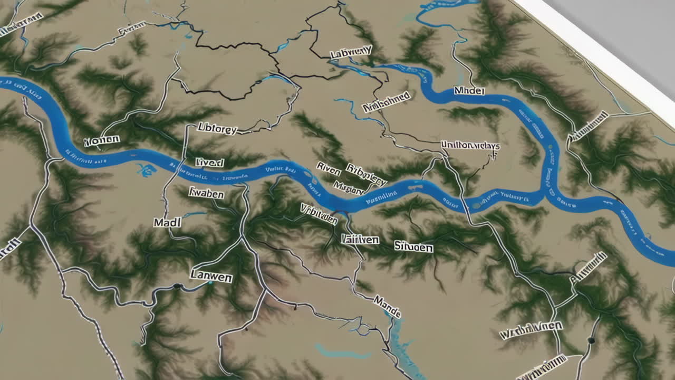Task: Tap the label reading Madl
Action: tap(167, 223)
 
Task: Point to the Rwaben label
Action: tap(206, 194)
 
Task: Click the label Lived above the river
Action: tap(209, 162)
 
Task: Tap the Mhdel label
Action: tap(469, 91)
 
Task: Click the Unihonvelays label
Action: tap(470, 145)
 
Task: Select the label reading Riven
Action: tap(329, 169)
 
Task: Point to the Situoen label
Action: tap(413, 246)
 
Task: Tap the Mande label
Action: tap(387, 306)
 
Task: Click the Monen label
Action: tap(101, 141)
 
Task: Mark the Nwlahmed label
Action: tap(387, 102)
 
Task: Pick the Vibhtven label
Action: tap(319, 213)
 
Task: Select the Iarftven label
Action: tap(360, 239)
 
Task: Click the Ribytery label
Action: tap(366, 175)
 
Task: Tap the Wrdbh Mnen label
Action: tap(531, 330)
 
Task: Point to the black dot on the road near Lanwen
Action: tap(178, 287)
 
